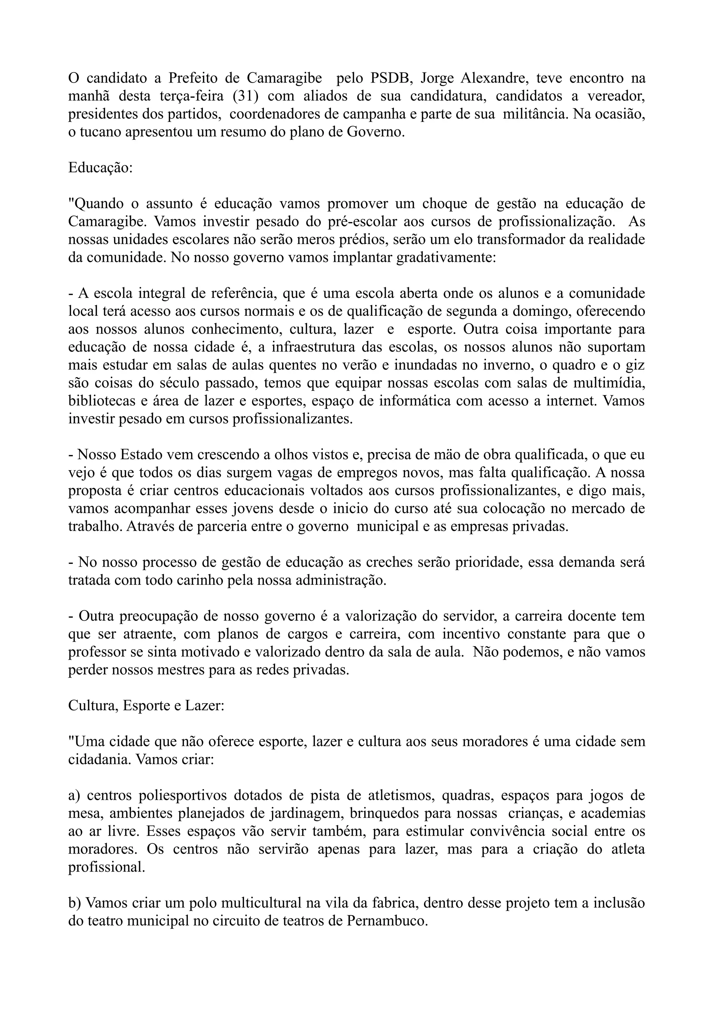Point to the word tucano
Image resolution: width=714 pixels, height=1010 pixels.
click(x=100, y=132)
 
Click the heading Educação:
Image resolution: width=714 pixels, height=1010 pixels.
click(x=100, y=168)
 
